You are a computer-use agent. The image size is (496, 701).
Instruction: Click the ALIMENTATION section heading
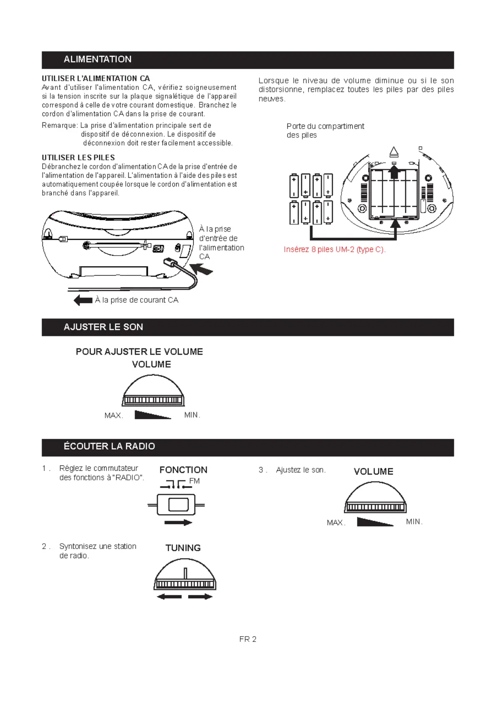click(97, 60)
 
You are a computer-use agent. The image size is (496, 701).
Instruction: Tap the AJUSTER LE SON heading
click(103, 327)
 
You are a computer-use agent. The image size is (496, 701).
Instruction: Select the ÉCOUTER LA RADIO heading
click(109, 447)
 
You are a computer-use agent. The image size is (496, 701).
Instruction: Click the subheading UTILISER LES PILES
click(78, 158)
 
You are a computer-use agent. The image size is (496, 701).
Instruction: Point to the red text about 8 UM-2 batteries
click(334, 250)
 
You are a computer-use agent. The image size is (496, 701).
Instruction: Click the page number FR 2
click(248, 639)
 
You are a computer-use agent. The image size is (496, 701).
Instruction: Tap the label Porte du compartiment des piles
click(325, 131)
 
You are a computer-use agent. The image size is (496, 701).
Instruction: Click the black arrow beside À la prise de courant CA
click(83, 300)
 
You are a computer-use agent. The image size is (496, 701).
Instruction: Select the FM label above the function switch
click(194, 481)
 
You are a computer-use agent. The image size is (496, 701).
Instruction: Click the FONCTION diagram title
click(183, 470)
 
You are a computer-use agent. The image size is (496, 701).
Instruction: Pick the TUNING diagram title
click(183, 548)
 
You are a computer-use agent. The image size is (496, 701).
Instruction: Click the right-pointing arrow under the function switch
click(178, 523)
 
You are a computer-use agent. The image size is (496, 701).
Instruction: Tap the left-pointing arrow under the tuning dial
click(169, 597)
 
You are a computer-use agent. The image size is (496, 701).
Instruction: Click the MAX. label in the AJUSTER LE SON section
click(114, 415)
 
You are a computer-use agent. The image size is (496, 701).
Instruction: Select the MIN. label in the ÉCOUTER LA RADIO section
click(414, 522)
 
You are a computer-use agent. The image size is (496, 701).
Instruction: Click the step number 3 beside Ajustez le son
click(261, 470)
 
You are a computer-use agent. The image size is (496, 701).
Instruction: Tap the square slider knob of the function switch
click(178, 505)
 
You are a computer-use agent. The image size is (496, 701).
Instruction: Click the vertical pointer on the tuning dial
click(185, 573)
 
